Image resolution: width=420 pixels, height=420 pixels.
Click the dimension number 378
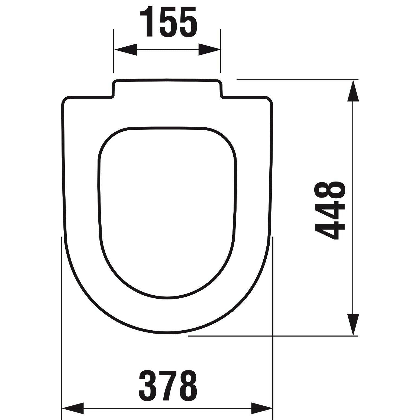[168, 385]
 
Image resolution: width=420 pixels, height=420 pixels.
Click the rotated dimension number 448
[329, 210]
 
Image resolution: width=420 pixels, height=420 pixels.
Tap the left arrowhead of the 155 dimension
[126, 50]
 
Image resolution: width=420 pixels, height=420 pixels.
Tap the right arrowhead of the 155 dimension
[209, 50]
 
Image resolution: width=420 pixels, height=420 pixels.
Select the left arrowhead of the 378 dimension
[73, 408]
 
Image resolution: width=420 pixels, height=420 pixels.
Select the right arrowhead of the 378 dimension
[262, 408]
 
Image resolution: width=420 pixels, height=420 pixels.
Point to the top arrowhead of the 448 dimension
[353, 91]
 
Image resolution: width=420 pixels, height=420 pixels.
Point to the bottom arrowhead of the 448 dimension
[353, 325]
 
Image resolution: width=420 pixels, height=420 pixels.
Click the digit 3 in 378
[148, 385]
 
